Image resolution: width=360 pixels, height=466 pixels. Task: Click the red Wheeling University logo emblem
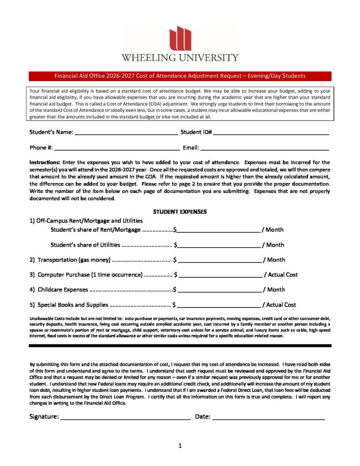(x=180, y=38)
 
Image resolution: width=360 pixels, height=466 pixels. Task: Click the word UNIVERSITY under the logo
(x=209, y=58)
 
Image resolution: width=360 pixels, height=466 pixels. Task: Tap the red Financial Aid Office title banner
(x=180, y=76)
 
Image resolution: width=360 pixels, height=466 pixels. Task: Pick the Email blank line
(x=264, y=148)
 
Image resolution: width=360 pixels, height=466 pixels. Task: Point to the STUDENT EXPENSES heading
(x=180, y=212)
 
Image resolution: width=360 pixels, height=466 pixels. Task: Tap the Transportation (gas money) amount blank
(x=220, y=260)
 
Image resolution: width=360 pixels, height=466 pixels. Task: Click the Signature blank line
(x=125, y=417)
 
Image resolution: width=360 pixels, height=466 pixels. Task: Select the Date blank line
(x=269, y=417)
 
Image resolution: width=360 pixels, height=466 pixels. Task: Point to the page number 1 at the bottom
(x=180, y=446)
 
